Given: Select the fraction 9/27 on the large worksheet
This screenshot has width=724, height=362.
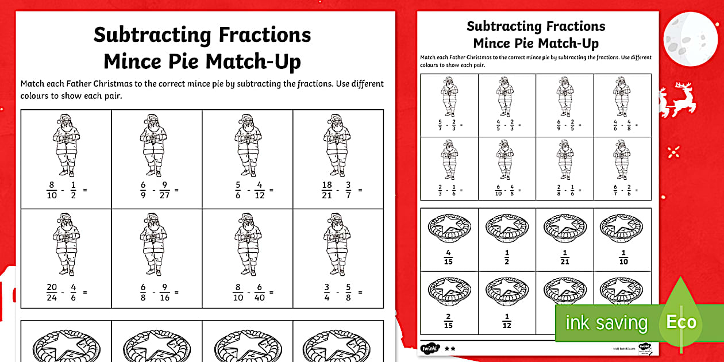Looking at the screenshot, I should coord(164,190).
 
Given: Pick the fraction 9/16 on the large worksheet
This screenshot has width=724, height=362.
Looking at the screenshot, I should coord(164,292).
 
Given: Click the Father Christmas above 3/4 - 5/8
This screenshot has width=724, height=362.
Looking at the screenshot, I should coord(338,244).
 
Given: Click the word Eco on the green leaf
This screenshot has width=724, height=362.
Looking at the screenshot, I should coord(681,322).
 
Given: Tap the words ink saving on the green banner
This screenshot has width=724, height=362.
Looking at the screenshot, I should coord(606,323).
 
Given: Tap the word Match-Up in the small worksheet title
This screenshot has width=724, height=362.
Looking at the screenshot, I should coord(565,44).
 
